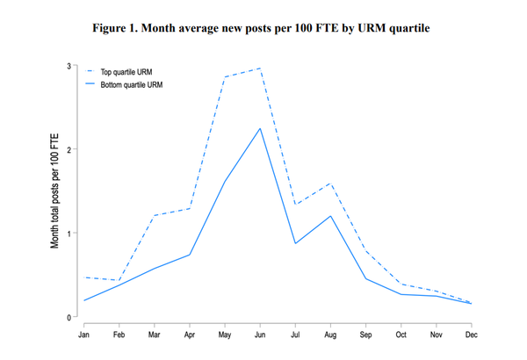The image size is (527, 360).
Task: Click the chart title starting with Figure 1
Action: pos(263,28)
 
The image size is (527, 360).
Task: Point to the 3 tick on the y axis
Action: pos(69,66)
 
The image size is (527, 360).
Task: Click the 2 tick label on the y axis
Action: pos(69,149)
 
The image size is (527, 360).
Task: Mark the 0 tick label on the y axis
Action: pos(69,316)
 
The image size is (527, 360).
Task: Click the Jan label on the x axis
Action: pos(84,335)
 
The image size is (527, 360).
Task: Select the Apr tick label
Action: pos(190,335)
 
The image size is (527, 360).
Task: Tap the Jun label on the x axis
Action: pos(261,335)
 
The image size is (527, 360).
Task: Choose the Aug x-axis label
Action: pos(331,335)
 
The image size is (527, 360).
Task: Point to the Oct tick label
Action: pos(401,335)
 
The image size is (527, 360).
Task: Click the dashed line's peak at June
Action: pos(261,68)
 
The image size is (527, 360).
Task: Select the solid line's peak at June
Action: pos(261,128)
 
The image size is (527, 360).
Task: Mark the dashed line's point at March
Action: pos(155,215)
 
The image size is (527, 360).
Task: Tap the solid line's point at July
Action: pos(296,243)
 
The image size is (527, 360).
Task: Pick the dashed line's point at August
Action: pos(331,184)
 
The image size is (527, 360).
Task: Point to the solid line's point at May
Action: pos(226,182)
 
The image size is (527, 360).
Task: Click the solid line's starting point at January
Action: pos(84,300)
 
